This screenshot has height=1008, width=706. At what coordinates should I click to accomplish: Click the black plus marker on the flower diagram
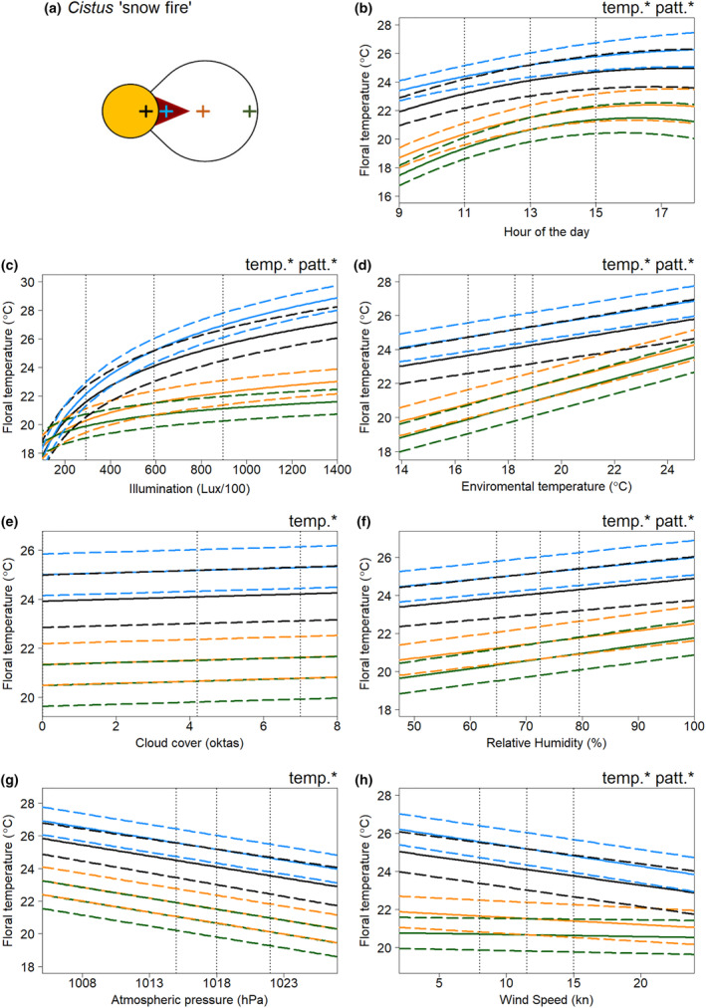[145, 112]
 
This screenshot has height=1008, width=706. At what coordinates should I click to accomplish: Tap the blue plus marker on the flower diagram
[165, 112]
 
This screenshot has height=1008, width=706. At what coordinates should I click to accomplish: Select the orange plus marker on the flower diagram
[202, 112]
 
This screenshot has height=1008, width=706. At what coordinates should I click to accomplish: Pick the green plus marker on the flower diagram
[250, 112]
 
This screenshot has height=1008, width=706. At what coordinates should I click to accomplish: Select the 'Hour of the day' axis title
[546, 231]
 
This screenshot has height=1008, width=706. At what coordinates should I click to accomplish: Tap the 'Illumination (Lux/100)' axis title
[189, 489]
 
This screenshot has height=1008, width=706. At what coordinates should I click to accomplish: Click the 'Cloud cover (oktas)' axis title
[189, 742]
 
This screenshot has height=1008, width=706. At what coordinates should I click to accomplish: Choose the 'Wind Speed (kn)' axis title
[546, 1000]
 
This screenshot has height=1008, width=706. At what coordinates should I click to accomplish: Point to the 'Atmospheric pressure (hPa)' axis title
[189, 1000]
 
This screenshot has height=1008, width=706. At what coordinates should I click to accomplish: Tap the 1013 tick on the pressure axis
[149, 982]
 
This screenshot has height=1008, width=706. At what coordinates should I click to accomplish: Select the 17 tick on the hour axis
[661, 213]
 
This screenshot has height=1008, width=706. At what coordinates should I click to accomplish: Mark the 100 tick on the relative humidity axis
[694, 725]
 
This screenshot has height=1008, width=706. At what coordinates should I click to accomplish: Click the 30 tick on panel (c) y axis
[30, 282]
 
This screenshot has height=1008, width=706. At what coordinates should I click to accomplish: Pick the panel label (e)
[10, 521]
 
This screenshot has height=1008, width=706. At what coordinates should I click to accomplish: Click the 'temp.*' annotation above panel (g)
[313, 779]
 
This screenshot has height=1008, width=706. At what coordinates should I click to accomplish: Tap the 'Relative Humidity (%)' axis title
[546, 743]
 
